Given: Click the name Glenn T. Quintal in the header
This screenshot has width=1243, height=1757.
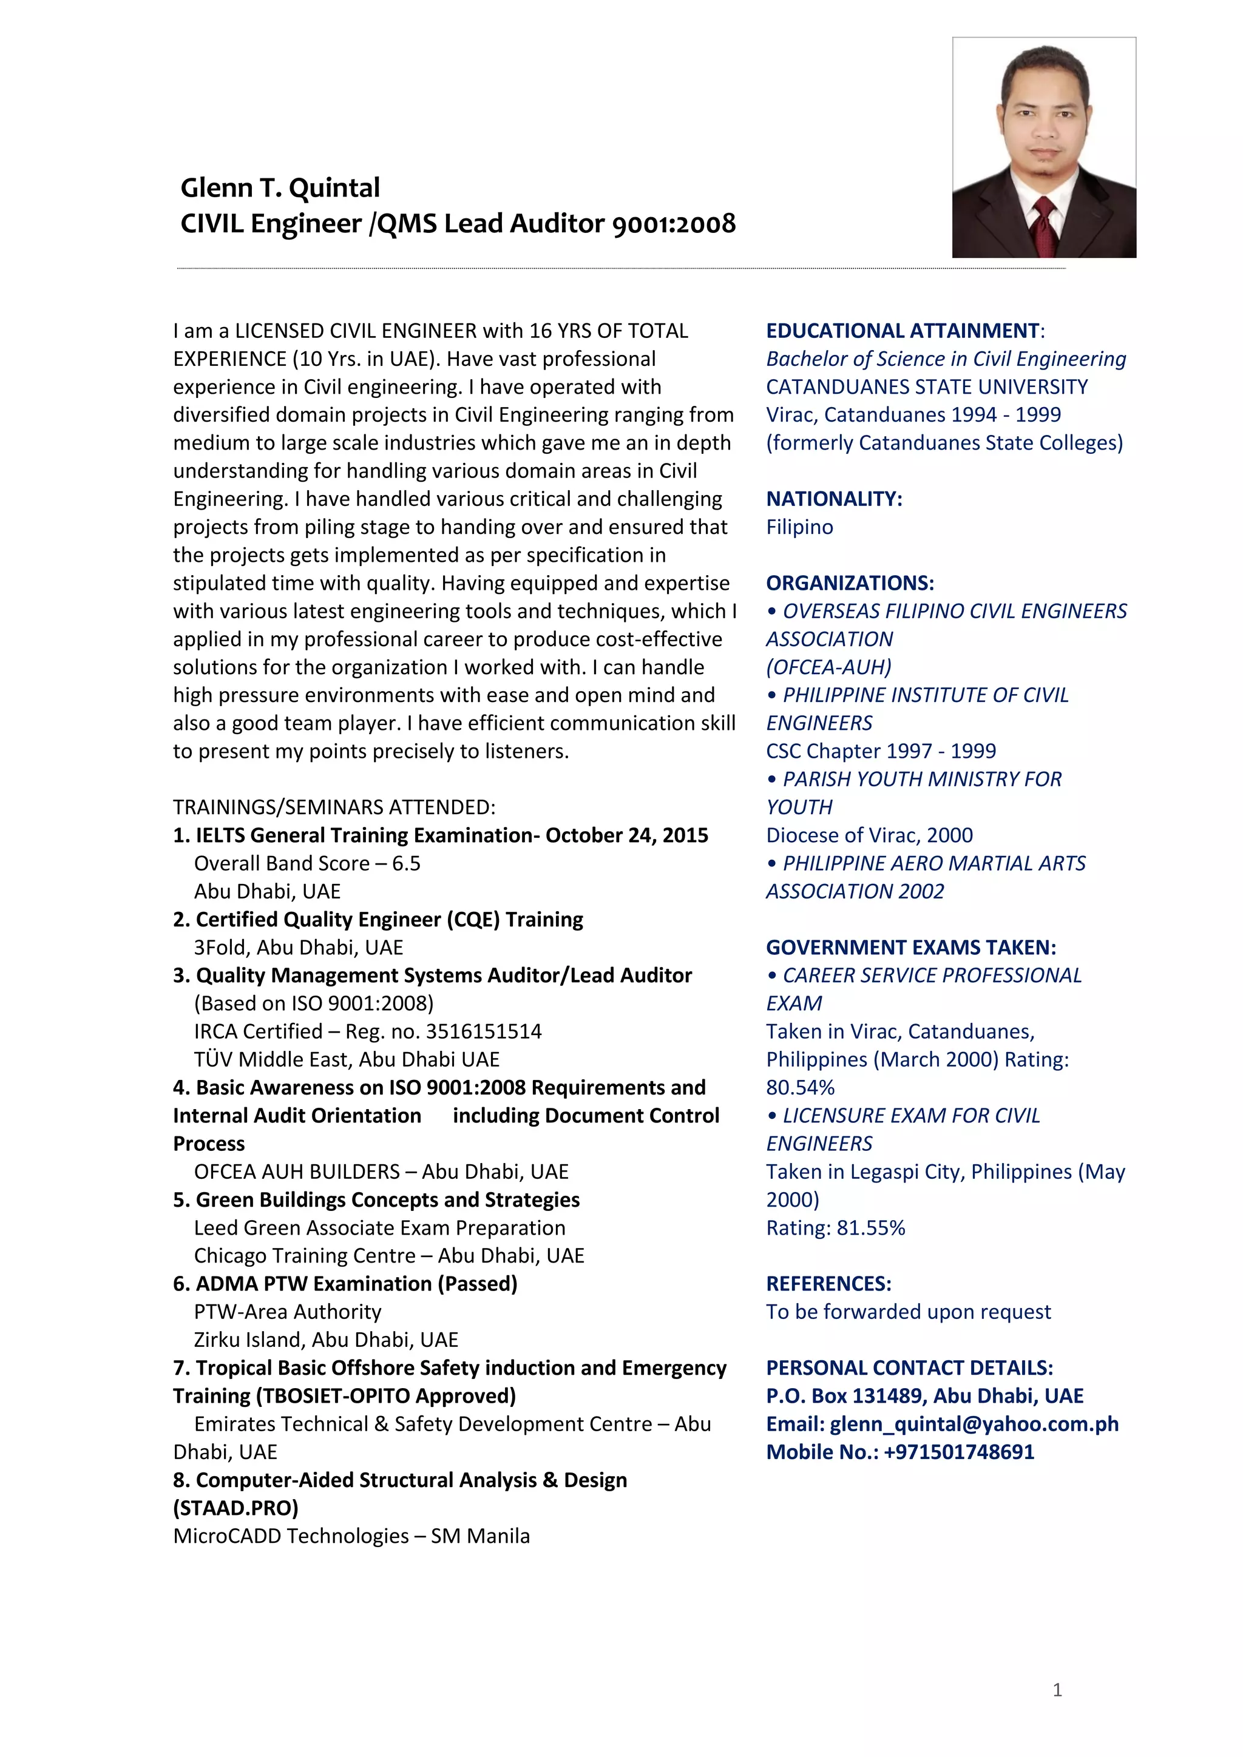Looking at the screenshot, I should coord(280,188).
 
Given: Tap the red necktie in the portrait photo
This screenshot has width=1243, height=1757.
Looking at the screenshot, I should coord(1044,225).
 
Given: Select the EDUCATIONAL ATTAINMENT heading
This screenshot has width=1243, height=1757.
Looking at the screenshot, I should coord(903,331).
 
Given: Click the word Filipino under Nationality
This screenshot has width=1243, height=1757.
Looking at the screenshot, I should coord(799,527).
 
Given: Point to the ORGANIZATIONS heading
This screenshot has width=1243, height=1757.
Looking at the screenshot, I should coord(850,583).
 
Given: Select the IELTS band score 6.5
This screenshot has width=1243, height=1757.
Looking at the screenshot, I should coord(407,863).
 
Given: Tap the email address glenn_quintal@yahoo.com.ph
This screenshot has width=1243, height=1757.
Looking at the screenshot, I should coord(974,1424).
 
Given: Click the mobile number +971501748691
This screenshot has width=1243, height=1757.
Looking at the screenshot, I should coord(959,1452).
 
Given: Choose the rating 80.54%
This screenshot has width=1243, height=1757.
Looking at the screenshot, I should coord(800,1087).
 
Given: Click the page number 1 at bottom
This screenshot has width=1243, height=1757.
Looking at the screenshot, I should coord(1057,1690).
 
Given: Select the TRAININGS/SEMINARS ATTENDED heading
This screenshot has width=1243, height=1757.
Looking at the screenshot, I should coord(334,808).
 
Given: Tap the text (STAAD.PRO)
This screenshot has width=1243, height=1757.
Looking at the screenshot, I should coord(235,1508).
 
